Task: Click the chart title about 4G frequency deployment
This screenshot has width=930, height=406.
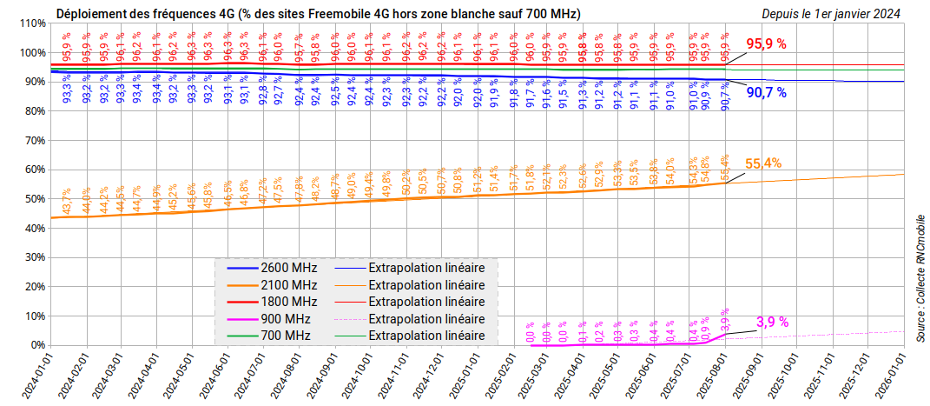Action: pyautogui.click(x=319, y=13)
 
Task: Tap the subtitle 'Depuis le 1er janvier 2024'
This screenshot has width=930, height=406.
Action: pyautogui.click(x=831, y=13)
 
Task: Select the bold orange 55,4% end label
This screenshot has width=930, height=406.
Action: pyautogui.click(x=762, y=163)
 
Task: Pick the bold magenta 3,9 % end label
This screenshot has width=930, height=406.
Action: pyautogui.click(x=772, y=322)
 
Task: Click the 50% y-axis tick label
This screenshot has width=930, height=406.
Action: pyautogui.click(x=35, y=199)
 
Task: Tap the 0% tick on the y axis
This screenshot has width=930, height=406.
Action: pyautogui.click(x=37, y=345)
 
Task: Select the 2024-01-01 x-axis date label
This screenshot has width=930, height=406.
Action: pyautogui.click(x=36, y=376)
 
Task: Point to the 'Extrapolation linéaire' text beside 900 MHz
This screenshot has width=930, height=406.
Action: pyautogui.click(x=426, y=318)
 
